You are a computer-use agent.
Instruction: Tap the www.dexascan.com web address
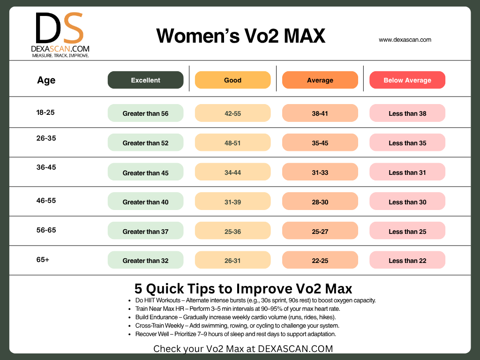point(405,40)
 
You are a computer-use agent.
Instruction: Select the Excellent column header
point(145,80)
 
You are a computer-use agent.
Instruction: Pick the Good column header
point(232,80)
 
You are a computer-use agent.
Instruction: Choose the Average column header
point(320,80)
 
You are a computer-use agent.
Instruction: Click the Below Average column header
point(407,80)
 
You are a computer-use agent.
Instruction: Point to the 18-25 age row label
point(46,112)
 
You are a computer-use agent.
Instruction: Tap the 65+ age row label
point(43,259)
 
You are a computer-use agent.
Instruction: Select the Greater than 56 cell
point(145,113)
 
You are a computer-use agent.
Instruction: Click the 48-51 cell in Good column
point(232,143)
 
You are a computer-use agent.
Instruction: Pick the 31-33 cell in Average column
point(320,172)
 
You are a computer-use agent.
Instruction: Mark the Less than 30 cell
point(407,202)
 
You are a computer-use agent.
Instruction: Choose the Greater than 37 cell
point(145,232)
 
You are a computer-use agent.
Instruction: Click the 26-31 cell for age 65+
point(232,261)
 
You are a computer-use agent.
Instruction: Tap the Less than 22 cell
point(407,261)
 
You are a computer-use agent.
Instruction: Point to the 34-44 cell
point(232,172)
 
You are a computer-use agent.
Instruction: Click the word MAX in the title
point(302,36)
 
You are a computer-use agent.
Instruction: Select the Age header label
point(46,80)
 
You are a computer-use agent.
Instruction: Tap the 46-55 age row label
point(46,201)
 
